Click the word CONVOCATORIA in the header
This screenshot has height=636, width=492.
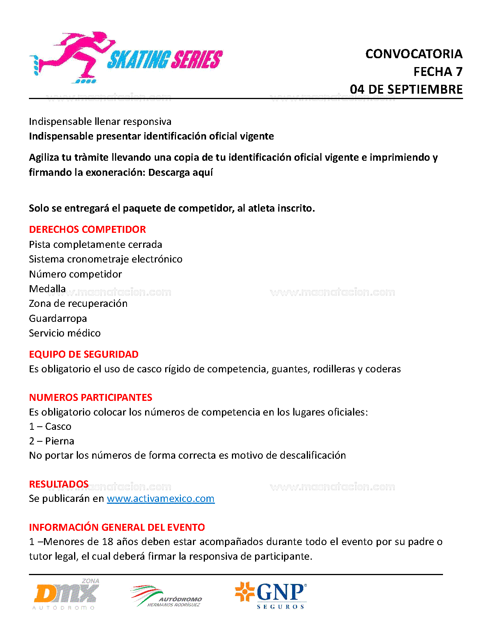coord(414,54)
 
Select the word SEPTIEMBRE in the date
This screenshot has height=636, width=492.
coord(425,89)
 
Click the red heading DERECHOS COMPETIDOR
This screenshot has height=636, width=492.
coord(87,229)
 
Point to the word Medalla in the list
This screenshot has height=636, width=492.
coord(47,289)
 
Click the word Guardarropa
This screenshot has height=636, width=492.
coord(58,318)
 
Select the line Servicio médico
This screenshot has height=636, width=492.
coord(65,333)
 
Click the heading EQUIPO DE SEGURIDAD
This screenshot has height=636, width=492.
coord(84,354)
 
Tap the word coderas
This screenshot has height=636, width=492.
coord(383,369)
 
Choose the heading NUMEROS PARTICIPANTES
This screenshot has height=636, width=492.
coord(91,397)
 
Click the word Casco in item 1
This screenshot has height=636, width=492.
coord(58,426)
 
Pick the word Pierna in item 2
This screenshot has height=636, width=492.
coord(59,441)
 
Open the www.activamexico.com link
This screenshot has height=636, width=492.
coord(161,498)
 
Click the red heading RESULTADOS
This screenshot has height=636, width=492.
coord(59,484)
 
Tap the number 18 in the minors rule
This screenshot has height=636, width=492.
coord(107,542)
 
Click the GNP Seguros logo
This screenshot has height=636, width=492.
coord(271,595)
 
